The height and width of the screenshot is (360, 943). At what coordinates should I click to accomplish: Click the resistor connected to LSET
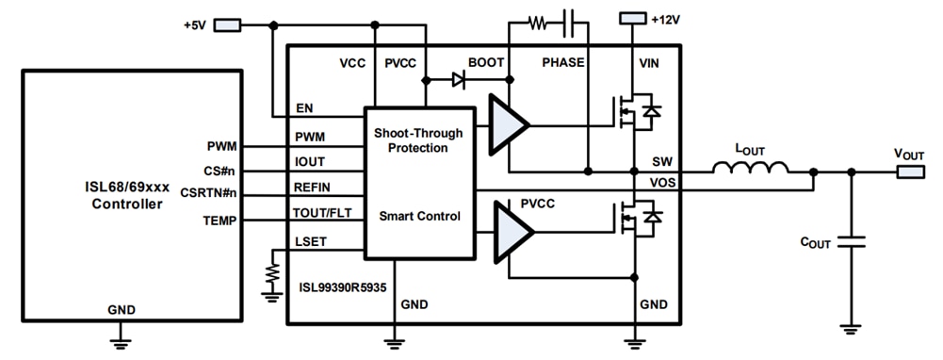point(273,274)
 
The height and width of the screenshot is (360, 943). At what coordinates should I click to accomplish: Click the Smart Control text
point(419,216)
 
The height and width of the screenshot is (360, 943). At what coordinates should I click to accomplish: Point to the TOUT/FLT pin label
point(322,213)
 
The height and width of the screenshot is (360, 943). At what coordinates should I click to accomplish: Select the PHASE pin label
point(563,63)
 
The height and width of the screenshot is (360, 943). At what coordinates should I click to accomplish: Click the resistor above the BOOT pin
point(537,23)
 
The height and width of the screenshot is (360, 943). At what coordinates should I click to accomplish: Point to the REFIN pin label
point(313,188)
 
